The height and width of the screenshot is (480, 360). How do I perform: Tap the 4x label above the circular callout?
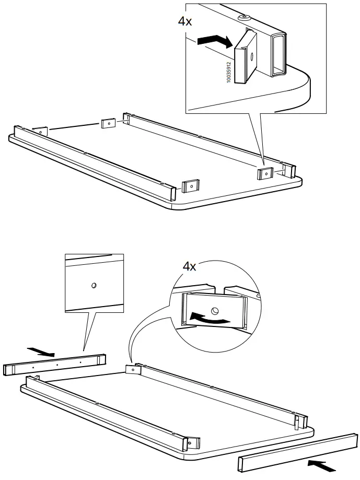point(189,266)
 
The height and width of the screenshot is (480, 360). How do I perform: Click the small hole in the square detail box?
point(94,285)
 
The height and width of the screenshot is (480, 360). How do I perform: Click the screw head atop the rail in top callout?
point(243,17)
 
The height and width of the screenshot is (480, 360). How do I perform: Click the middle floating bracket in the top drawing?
point(108,123)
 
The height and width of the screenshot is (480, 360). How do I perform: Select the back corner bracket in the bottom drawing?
point(133,369)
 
